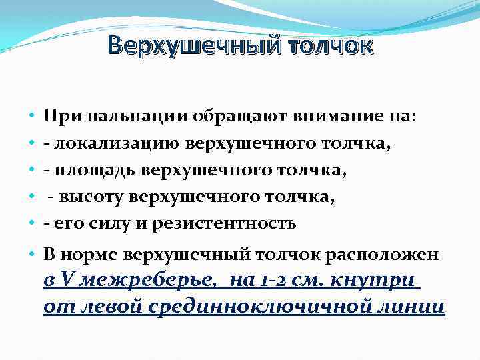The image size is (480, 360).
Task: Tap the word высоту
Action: coord(89,197)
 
